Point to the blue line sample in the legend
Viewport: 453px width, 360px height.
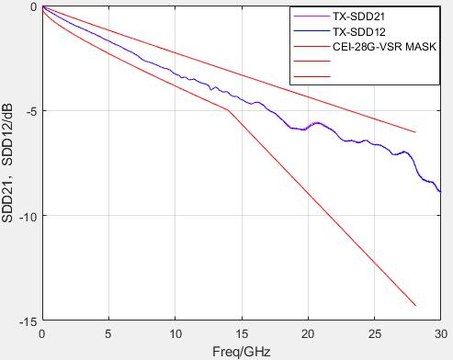[311, 31]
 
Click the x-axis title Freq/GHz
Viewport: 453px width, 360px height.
[242, 352]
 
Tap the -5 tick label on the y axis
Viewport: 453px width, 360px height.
[30, 111]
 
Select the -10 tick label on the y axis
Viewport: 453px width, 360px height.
[28, 216]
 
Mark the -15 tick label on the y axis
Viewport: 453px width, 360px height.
[28, 321]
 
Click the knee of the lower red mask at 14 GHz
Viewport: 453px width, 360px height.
[228, 110]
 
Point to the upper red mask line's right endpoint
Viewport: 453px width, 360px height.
[415, 132]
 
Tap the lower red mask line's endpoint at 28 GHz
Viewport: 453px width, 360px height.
[415, 305]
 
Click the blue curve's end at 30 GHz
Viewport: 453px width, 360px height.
[441, 192]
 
